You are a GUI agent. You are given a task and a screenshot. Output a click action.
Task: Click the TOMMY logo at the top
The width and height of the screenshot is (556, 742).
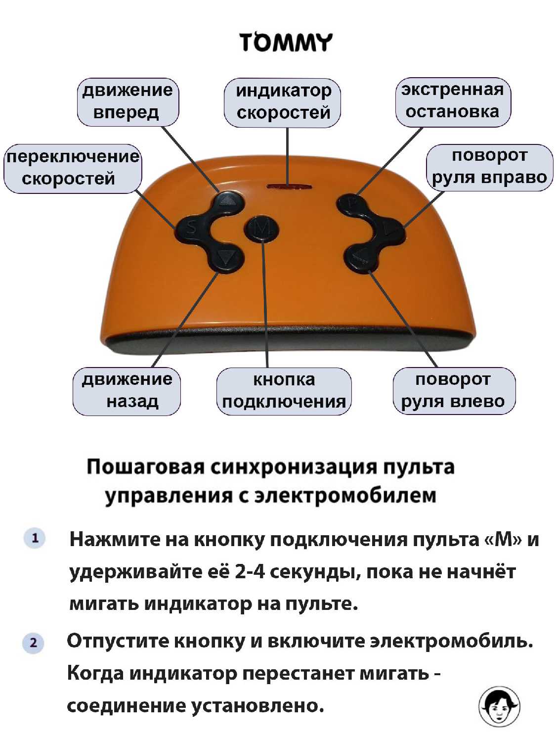(x=287, y=43)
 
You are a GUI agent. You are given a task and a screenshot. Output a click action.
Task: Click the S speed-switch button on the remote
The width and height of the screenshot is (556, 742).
(x=191, y=228)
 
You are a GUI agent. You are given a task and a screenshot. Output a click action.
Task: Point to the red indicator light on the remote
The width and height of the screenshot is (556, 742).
(x=289, y=186)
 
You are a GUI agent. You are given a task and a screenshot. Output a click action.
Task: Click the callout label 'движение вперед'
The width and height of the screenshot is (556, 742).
(x=128, y=102)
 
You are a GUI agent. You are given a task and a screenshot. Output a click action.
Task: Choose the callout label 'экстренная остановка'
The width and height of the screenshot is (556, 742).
(x=453, y=102)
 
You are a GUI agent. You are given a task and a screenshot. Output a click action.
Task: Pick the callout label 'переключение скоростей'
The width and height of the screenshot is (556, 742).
(x=73, y=169)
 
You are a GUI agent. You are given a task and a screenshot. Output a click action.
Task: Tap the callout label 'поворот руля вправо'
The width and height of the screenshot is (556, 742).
(x=489, y=167)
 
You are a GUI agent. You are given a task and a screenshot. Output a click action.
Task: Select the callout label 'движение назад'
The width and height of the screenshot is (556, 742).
(x=127, y=391)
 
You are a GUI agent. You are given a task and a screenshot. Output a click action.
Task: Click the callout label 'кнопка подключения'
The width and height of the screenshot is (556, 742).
(x=284, y=391)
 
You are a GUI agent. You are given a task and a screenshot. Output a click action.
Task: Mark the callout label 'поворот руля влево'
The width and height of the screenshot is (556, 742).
(x=454, y=391)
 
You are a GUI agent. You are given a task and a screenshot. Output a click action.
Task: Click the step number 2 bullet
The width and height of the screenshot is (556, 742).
(x=33, y=643)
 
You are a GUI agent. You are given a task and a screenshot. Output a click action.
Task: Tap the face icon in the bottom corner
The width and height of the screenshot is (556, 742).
(x=499, y=706)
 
